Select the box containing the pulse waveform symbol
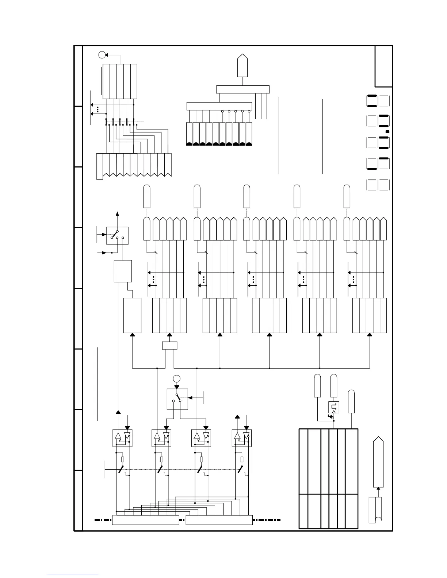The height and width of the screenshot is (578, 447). [x=334, y=407]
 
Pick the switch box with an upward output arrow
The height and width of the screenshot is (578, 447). [x=117, y=235]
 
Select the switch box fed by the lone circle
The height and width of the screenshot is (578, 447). [x=177, y=399]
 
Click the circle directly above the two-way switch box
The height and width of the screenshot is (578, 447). [x=177, y=379]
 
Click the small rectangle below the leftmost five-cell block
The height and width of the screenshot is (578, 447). [x=169, y=345]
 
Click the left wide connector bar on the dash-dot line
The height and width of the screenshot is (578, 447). [x=145, y=520]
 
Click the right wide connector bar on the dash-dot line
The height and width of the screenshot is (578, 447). [x=219, y=520]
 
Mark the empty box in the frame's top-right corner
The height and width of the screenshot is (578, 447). [x=383, y=66]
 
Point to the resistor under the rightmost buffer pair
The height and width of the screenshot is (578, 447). [x=242, y=459]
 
